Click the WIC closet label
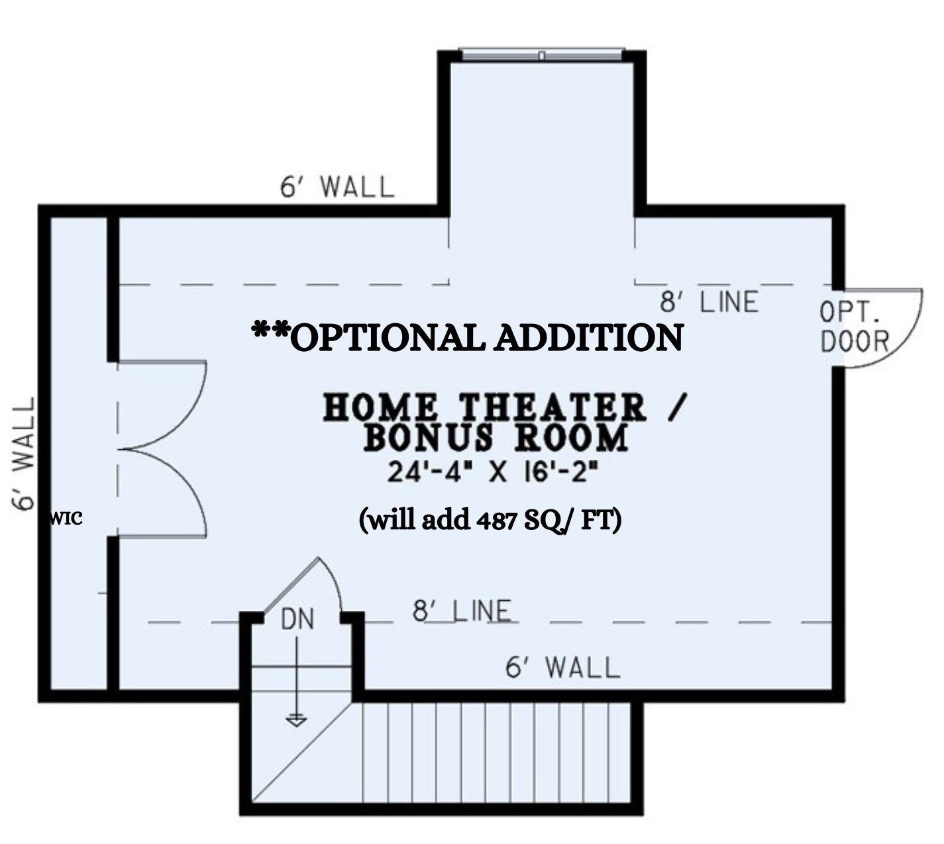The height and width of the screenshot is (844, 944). (x=66, y=519)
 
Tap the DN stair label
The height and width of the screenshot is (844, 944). (x=297, y=620)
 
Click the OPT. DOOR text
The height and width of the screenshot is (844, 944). (x=854, y=327)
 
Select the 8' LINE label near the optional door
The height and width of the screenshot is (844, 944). (x=709, y=301)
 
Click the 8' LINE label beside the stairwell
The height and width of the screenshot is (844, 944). (x=462, y=611)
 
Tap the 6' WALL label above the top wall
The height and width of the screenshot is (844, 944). (x=337, y=187)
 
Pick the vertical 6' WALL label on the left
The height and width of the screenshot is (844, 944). (x=23, y=454)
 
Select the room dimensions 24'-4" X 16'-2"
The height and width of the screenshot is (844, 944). (x=492, y=474)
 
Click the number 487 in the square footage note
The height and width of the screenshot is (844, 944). (x=497, y=521)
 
